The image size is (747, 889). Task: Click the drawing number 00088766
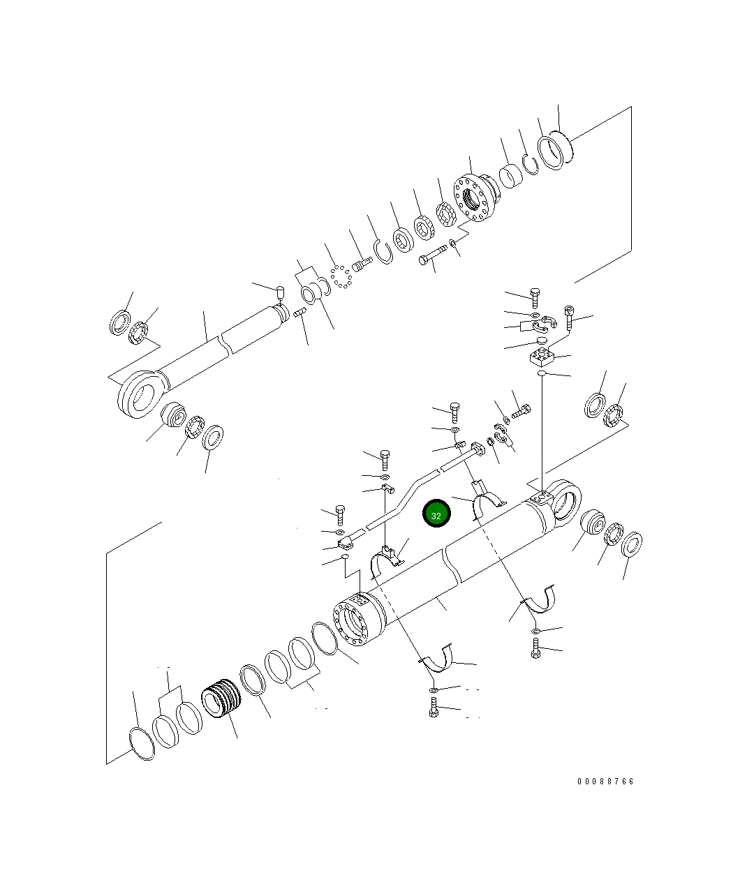tap(605, 781)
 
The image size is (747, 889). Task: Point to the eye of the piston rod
tap(140, 393)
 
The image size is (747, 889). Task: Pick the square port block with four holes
tap(542, 355)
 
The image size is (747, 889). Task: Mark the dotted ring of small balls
tap(341, 277)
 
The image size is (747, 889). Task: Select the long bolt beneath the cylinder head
tap(433, 255)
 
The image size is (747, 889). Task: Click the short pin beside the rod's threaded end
tap(299, 312)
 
